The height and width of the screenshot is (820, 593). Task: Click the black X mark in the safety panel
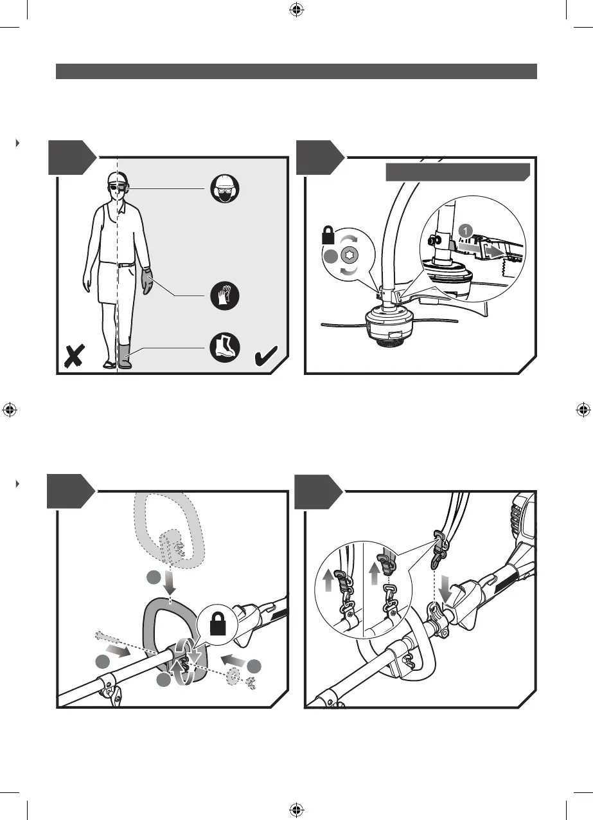click(x=76, y=356)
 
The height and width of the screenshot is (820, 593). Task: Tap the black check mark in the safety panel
click(x=267, y=356)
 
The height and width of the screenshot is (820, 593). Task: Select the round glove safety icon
click(x=224, y=297)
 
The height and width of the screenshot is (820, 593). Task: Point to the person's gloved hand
click(x=147, y=280)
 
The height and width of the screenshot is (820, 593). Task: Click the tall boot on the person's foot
click(x=125, y=356)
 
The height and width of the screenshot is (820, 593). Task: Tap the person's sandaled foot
click(x=110, y=364)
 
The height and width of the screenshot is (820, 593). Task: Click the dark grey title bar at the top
click(x=296, y=71)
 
